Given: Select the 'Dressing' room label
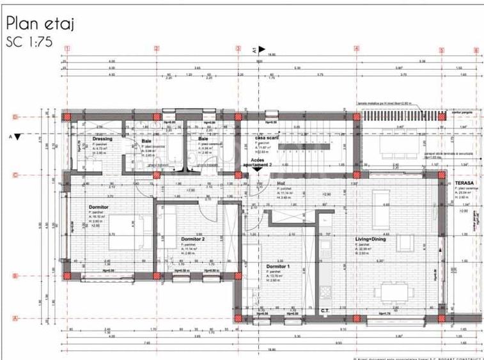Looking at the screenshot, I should [x=102, y=139].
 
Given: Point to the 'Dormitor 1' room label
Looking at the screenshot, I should [x=279, y=266].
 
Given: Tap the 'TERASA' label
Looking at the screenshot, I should [x=464, y=182].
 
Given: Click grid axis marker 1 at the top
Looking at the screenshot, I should [x=68, y=49].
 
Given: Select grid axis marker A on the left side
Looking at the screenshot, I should [x=14, y=318].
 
